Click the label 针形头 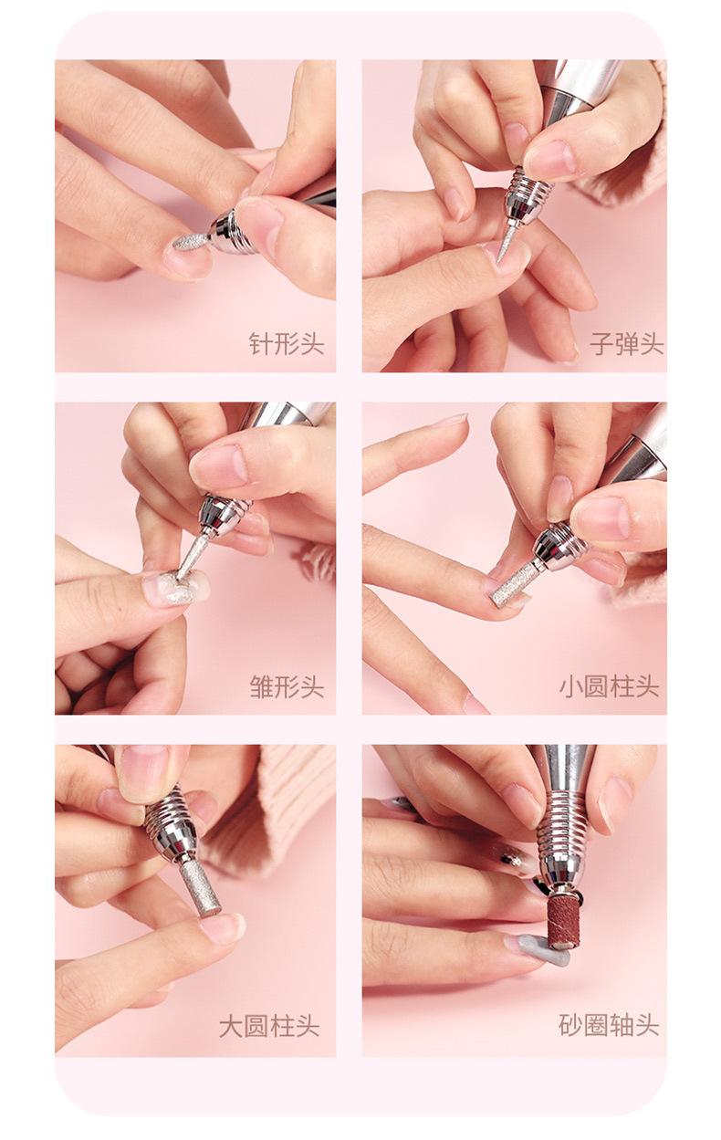point(287,343)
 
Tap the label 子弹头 point(627,343)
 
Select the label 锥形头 point(287,686)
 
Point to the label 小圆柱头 point(610,686)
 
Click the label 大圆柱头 point(269,1026)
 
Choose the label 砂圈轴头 point(610,1025)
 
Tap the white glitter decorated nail point(175,586)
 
